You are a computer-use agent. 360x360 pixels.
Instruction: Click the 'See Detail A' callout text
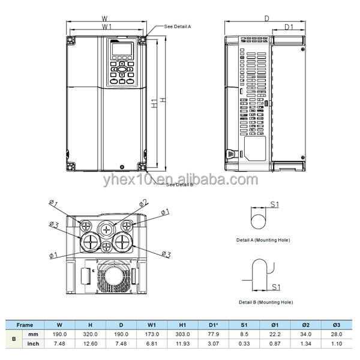click(178, 27)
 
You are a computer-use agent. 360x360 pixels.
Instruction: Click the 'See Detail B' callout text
click(179, 184)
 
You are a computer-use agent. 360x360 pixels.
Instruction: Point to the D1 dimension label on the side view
click(289, 28)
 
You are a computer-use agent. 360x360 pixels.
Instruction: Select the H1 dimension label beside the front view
click(154, 103)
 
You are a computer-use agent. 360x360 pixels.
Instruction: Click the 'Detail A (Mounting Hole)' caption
click(263, 239)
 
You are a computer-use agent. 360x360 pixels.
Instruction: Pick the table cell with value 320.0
click(90, 334)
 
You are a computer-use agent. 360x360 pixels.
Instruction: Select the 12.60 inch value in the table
click(90, 343)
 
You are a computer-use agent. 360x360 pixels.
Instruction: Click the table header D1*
click(214, 324)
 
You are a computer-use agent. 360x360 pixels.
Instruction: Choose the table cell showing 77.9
click(214, 334)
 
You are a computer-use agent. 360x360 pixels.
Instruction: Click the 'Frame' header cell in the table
click(25, 324)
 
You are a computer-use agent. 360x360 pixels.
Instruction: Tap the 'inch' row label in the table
click(34, 343)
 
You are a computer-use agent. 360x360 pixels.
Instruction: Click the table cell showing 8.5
click(244, 334)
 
